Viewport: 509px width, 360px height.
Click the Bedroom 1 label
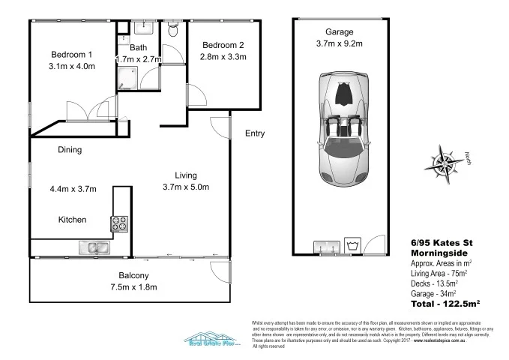71,55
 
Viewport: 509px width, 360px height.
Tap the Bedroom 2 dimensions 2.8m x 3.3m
223,57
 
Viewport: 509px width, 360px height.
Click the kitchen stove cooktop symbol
120,223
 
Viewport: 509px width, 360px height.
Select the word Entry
255,134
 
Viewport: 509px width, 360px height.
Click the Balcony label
133,275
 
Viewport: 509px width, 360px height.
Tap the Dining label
69,150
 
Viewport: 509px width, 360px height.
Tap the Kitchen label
73,220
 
